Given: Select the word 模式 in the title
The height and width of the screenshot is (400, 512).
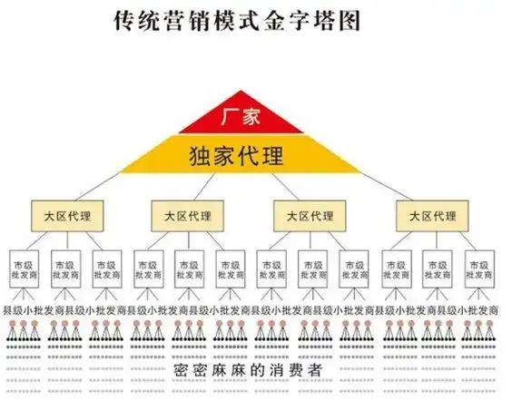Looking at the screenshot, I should [247, 20].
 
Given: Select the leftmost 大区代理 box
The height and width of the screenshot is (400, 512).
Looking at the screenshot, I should [67, 216].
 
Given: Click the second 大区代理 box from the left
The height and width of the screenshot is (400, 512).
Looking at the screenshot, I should [188, 216].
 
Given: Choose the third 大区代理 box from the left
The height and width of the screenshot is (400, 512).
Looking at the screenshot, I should [310, 216].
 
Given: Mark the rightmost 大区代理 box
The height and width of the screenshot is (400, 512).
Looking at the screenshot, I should [432, 216].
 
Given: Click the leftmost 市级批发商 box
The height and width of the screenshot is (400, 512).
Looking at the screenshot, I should [25, 268].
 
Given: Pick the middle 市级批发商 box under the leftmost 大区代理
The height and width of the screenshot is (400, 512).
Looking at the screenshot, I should [67, 268].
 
